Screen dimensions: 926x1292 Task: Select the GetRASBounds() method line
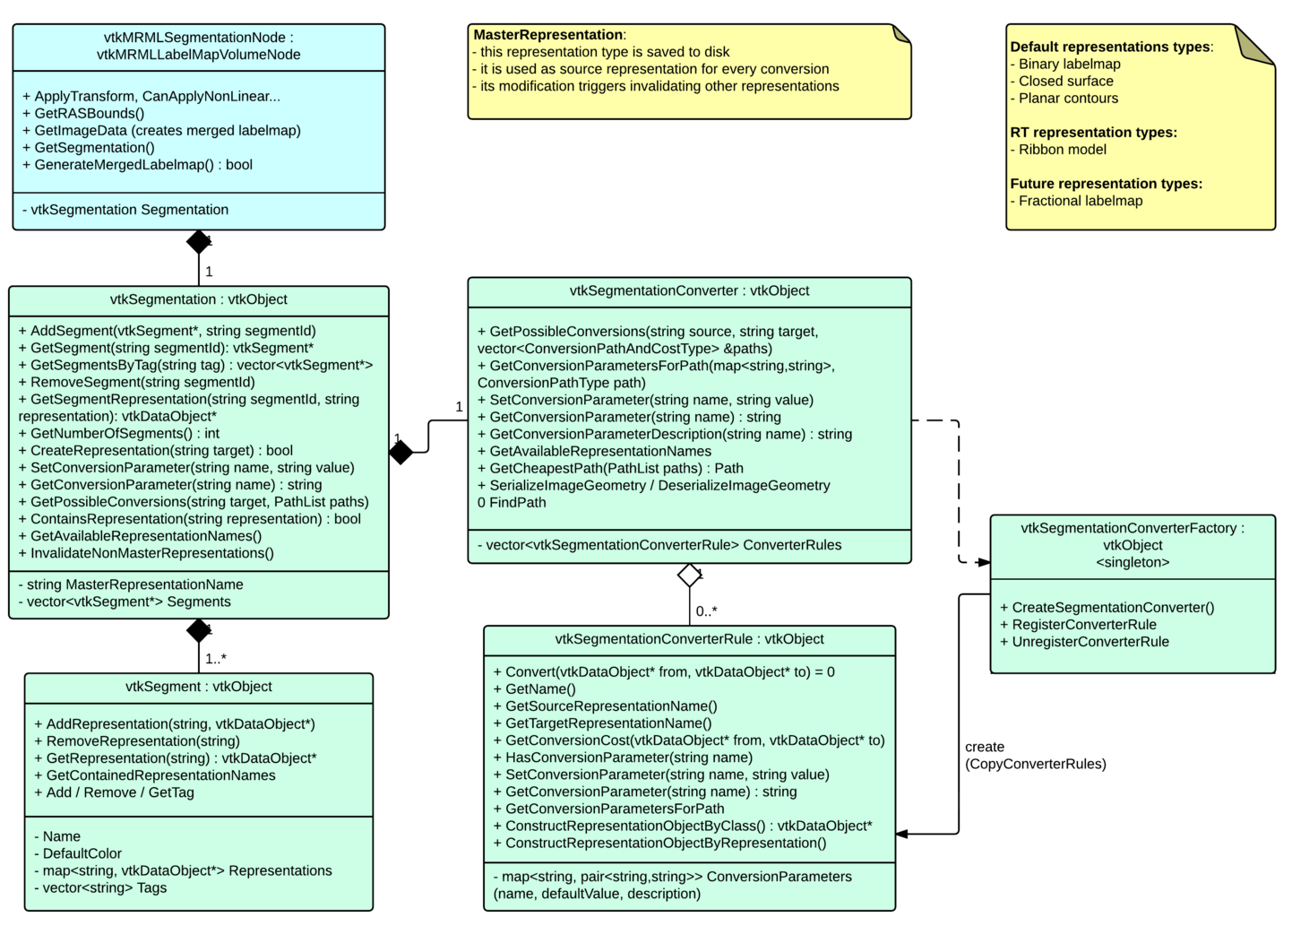[x=89, y=114]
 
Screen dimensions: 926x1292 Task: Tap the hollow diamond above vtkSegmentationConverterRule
[x=689, y=575]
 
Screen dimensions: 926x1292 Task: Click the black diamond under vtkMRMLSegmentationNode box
[x=199, y=242]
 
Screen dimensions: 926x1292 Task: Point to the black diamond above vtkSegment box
[x=199, y=630]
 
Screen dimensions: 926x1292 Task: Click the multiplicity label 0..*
[x=706, y=611]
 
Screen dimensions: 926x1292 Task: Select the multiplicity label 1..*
[x=216, y=659]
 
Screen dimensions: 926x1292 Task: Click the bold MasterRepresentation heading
[x=548, y=35]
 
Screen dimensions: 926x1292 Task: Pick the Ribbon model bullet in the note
[x=1062, y=150]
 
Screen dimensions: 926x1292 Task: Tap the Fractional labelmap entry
[x=1080, y=201]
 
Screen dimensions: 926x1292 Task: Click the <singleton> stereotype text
[x=1133, y=562]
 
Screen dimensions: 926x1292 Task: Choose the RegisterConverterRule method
[x=1083, y=625]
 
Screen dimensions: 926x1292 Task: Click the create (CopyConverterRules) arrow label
[x=1035, y=756]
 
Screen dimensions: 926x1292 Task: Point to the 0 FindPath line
[x=512, y=503]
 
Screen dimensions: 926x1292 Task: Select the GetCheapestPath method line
[x=616, y=469]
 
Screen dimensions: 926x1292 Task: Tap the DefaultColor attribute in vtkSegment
[x=82, y=854]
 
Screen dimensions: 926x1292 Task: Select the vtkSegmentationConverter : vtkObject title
[x=689, y=291]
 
